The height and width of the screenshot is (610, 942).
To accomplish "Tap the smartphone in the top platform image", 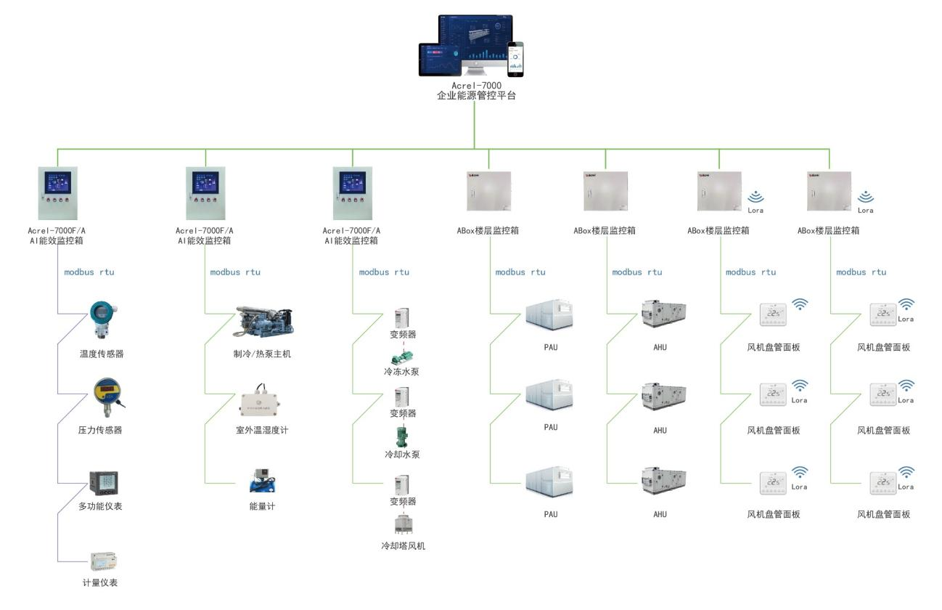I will pos(515,59).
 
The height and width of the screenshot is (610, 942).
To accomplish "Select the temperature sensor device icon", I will pos(100,320).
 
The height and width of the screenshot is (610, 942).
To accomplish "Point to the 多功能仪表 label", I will pos(100,506).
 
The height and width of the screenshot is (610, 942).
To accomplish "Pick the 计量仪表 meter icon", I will pos(104,561).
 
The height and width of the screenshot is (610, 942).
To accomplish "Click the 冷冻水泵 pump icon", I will pos(401,357).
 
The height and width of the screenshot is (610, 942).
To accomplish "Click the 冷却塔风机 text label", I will pos(403,545).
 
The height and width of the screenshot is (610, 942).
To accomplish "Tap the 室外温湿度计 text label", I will pos(262,431).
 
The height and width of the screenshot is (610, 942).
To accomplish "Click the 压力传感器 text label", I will pos(100,430).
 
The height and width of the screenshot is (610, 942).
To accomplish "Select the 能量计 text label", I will pos(262,506).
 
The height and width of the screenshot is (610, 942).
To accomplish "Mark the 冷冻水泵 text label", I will pos(402,372).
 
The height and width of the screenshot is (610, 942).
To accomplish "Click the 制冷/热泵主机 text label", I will pos(262,354).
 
